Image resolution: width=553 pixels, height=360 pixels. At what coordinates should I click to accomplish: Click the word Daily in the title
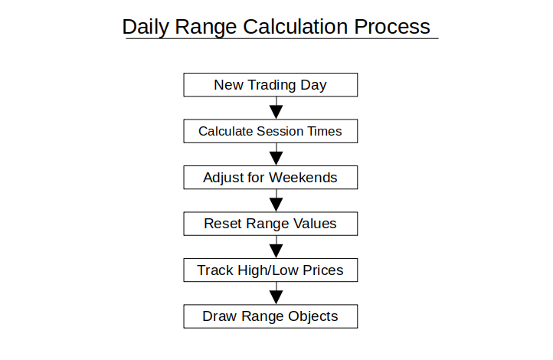tap(146, 27)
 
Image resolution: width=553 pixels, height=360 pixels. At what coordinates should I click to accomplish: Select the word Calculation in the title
tap(296, 27)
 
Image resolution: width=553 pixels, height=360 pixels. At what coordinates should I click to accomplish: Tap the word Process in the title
tap(392, 27)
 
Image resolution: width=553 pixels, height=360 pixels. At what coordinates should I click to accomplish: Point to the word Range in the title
tap(205, 28)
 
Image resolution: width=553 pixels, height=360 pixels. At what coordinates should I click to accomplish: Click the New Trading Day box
tap(270, 84)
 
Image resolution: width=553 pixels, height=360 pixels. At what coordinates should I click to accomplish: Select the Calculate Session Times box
tap(270, 131)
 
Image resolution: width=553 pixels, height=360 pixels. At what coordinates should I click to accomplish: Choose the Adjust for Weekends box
tap(270, 178)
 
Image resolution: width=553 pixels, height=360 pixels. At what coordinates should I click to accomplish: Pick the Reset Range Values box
tap(270, 224)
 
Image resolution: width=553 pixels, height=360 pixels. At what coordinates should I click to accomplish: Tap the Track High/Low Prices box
tap(270, 270)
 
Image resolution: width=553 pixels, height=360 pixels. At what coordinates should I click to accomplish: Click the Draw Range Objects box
tap(270, 316)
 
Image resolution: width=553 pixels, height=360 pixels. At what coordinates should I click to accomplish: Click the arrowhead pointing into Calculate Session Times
tap(276, 113)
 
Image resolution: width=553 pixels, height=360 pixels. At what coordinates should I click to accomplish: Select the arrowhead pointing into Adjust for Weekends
tap(276, 159)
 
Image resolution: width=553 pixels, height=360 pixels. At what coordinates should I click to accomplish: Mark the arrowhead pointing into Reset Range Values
tap(276, 205)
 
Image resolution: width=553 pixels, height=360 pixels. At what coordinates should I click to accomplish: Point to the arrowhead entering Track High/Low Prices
tap(276, 251)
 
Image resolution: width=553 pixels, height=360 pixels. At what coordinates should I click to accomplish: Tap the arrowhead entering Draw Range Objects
tap(276, 298)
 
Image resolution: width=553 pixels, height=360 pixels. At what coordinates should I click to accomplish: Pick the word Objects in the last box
tap(312, 316)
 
